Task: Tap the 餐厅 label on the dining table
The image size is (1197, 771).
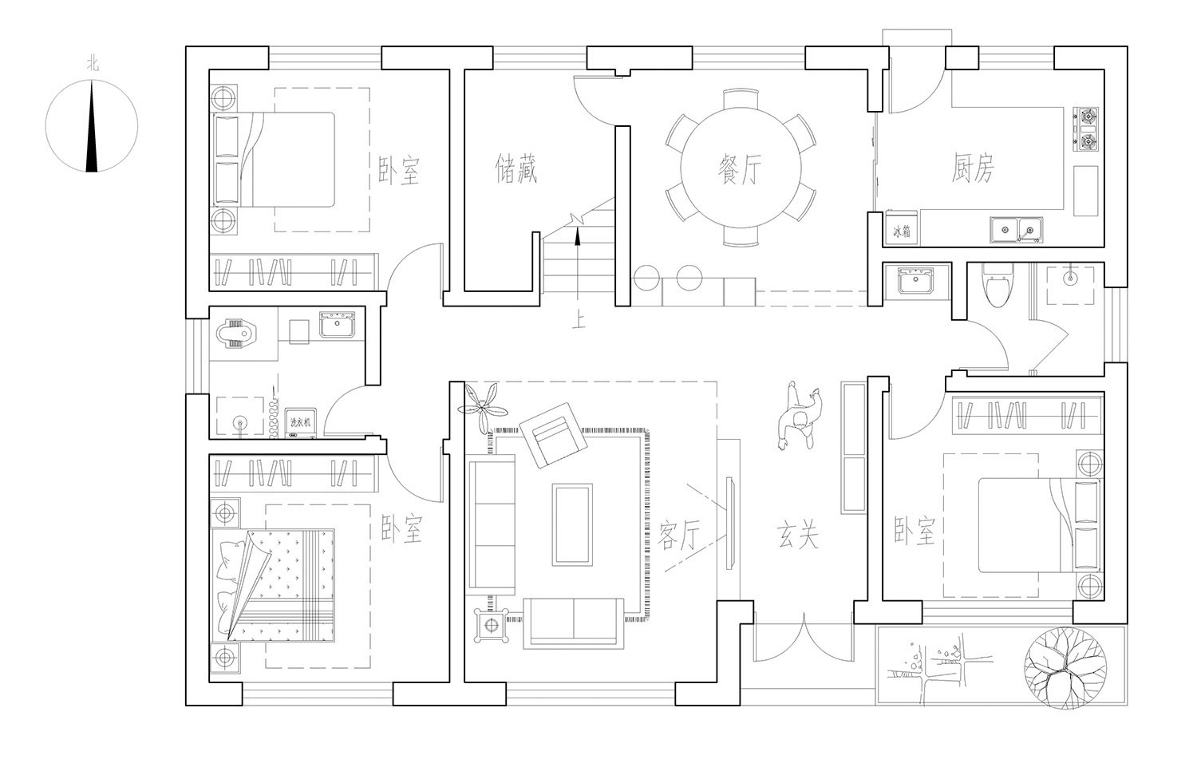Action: [x=740, y=170]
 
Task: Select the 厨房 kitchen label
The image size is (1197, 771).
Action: [x=973, y=168]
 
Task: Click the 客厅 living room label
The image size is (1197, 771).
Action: [x=680, y=535]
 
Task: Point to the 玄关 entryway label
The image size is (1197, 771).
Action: [x=798, y=535]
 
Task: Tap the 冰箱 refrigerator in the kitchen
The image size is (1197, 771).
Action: [x=902, y=230]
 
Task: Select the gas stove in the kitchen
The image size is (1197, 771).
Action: [x=1086, y=130]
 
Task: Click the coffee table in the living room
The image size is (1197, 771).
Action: [x=572, y=524]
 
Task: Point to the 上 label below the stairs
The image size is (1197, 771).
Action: [x=579, y=322]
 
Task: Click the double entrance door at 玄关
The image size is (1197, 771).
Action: [x=803, y=639]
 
